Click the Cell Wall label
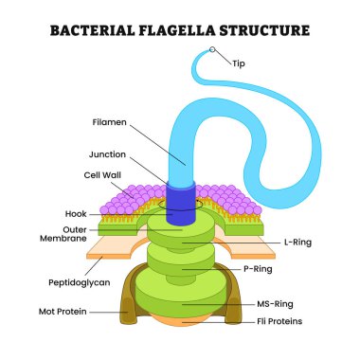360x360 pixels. [100, 175]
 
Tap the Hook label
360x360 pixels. [77, 215]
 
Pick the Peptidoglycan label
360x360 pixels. [79, 282]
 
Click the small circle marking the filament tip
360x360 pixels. [213, 50]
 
